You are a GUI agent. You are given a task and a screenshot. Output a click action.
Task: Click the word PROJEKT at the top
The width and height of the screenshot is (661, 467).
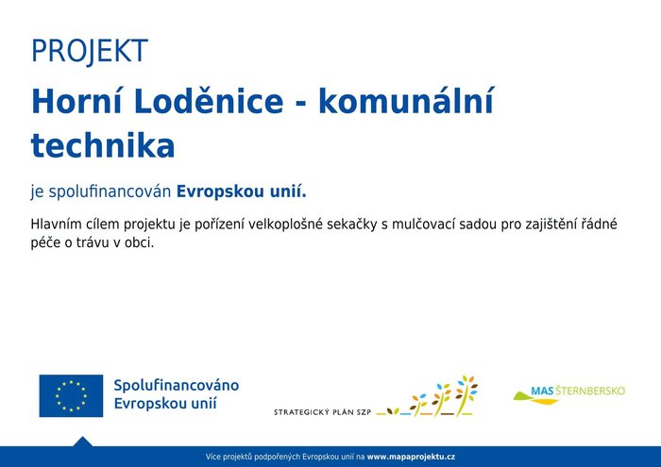coord(90,51)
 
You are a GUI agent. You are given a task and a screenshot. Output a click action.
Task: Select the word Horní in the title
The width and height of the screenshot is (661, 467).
coord(76,102)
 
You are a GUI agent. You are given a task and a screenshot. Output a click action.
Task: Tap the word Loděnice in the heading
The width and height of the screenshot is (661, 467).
coord(209,102)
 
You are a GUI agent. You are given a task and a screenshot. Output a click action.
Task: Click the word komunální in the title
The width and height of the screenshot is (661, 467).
coord(406,102)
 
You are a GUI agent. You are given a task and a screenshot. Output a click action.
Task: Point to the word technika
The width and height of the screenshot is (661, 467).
coord(103,145)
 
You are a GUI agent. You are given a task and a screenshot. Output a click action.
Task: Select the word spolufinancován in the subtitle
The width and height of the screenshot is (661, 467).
coord(110,192)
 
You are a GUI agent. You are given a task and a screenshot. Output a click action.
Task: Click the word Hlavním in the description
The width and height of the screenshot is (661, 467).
coord(56,224)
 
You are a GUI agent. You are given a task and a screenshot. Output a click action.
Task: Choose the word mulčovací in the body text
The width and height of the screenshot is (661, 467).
coord(423,224)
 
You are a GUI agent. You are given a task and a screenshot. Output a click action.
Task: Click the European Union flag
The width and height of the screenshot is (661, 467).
coord(71,396)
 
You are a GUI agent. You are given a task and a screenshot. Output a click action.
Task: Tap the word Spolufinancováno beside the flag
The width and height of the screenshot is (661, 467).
coord(177,385)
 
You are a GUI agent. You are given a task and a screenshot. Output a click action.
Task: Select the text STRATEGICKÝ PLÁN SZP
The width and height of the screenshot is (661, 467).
coord(323,412)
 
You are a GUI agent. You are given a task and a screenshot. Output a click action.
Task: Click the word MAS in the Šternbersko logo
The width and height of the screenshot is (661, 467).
coord(542,392)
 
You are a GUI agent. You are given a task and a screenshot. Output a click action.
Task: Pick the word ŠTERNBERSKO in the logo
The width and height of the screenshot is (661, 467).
coord(590,391)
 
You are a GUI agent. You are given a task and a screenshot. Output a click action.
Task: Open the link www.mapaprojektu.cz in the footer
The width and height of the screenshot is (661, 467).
coord(411,457)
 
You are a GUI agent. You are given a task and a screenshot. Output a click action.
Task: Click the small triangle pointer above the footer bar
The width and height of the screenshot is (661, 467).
coord(83,442)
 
